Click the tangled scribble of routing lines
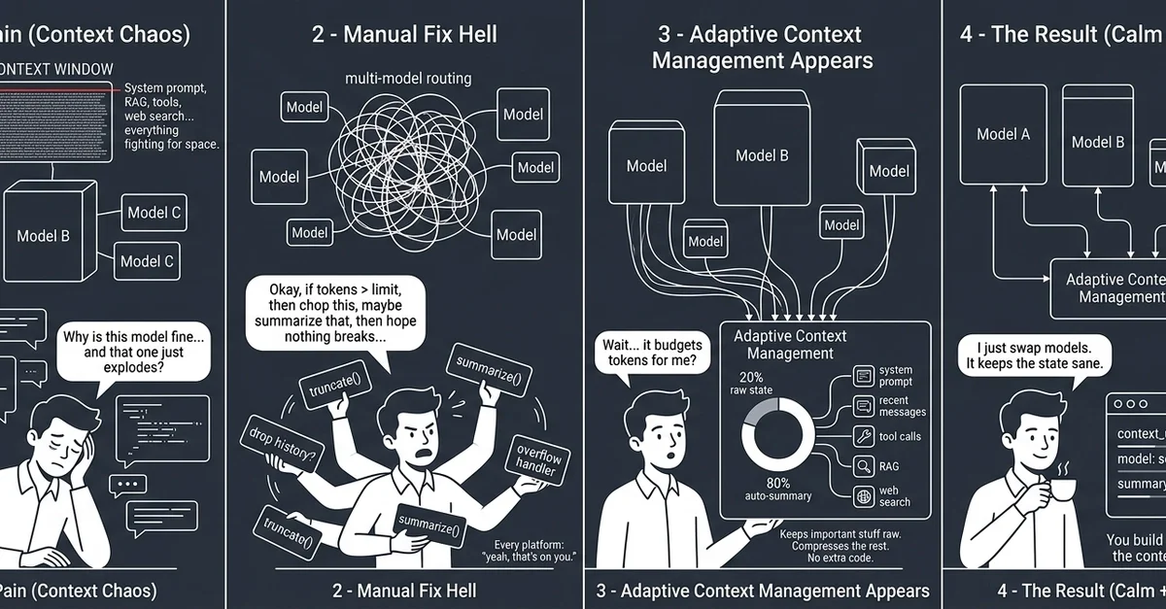pos(406,166)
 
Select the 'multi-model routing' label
pos(408,78)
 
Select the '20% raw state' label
pos(751,384)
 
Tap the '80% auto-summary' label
pos(778,490)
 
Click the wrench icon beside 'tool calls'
pos(862,436)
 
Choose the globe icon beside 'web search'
pos(862,495)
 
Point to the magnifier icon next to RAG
pos(862,466)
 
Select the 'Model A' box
pos(1003,134)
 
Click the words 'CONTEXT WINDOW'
pos(56,70)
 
